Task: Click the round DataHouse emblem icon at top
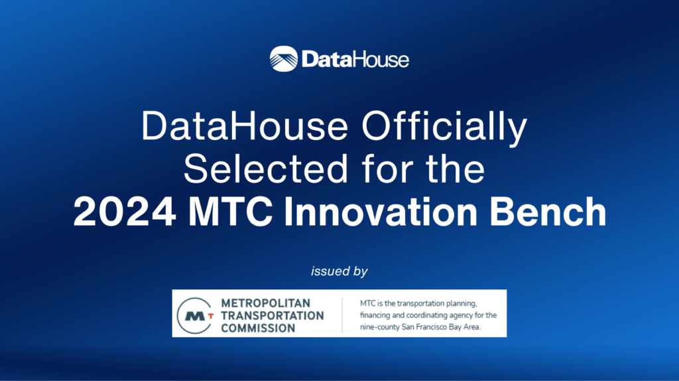click(x=284, y=58)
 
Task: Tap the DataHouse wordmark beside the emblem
click(x=355, y=59)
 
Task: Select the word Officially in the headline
click(x=445, y=127)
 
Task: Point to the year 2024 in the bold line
click(x=125, y=212)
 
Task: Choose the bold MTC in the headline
click(x=230, y=212)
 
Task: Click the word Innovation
click(x=381, y=212)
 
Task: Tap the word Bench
click(x=548, y=212)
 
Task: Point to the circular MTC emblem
click(x=196, y=315)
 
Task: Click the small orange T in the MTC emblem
click(x=211, y=317)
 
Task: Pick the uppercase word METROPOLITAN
click(x=265, y=303)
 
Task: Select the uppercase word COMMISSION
click(x=258, y=328)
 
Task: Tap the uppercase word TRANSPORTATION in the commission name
click(x=273, y=315)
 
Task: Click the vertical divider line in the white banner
click(x=342, y=315)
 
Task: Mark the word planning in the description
click(x=459, y=304)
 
